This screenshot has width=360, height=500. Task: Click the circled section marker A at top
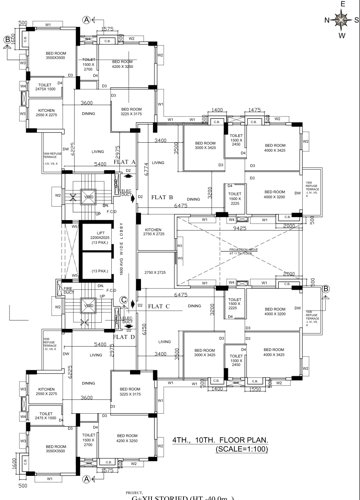(x=88, y=19)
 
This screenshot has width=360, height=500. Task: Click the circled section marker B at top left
(x=8, y=40)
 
